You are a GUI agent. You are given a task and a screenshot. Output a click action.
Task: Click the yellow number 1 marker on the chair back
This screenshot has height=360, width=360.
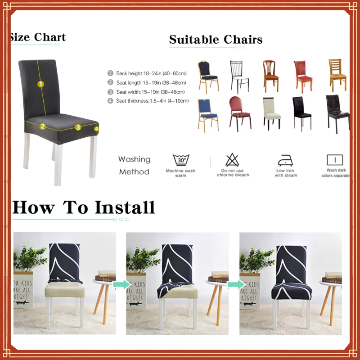tap(40, 84)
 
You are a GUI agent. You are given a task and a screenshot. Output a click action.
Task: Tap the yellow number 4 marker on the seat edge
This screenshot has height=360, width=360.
tap(96, 129)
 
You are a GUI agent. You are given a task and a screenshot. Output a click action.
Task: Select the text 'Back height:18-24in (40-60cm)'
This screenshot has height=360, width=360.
tap(151, 73)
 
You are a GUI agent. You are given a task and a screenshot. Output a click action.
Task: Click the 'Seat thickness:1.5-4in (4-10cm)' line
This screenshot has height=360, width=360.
tap(152, 101)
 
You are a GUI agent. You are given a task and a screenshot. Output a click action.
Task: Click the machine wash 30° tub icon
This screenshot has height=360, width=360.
tap(181, 160)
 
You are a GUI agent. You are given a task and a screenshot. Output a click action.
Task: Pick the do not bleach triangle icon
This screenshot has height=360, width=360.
tap(232, 160)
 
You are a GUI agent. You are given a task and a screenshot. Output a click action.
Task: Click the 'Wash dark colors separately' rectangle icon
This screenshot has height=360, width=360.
tap(334, 160)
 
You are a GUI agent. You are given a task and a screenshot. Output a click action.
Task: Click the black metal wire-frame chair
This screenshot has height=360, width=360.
tap(239, 76)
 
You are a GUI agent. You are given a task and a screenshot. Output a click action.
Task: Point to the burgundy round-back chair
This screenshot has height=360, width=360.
tap(239, 112)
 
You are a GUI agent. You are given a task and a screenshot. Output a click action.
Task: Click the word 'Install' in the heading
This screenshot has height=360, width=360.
tap(124, 208)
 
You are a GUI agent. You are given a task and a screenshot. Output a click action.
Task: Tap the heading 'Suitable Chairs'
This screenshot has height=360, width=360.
tap(216, 40)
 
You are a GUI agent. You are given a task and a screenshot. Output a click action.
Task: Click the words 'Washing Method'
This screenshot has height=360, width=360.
tap(134, 165)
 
